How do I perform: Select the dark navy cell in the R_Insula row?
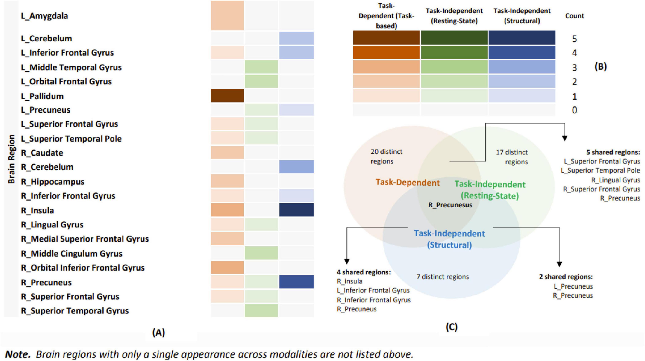tap(296, 210)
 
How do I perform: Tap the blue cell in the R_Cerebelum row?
tap(296, 167)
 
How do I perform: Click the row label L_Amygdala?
tap(45, 16)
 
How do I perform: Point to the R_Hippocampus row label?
tap(53, 182)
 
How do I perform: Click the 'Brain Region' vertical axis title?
tap(11, 159)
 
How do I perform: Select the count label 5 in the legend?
tap(574, 39)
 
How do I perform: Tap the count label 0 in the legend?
tap(574, 110)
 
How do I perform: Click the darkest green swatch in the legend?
tap(454, 38)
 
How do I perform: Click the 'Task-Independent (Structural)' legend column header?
tap(522, 16)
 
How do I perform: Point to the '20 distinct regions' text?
tap(386, 156)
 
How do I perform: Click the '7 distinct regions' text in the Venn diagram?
tap(443, 277)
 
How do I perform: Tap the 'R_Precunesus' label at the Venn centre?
tap(450, 205)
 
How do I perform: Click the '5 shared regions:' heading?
tap(613, 152)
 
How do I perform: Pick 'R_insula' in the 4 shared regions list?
tap(350, 281)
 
